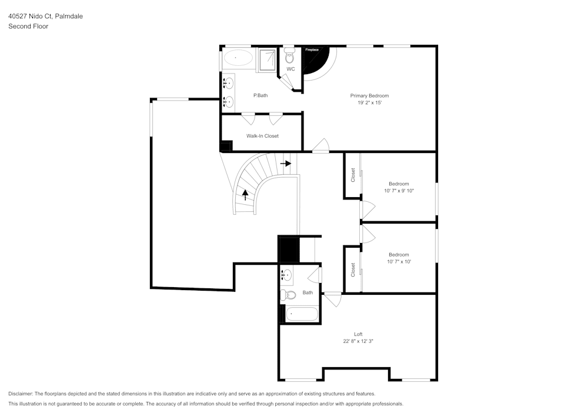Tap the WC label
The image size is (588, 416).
[x=290, y=69]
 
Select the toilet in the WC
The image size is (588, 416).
[x=289, y=57]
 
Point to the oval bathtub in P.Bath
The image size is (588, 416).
[x=237, y=58]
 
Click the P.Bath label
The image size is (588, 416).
[x=260, y=95]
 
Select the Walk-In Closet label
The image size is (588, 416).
[x=262, y=136]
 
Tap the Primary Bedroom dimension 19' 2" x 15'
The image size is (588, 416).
[x=369, y=102]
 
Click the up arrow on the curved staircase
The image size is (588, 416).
[x=245, y=194]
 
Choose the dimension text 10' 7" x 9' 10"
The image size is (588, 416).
[x=399, y=191]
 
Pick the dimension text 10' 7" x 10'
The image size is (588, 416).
[x=399, y=261]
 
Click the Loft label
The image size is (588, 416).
[x=358, y=334]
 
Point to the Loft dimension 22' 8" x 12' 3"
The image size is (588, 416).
[x=358, y=341]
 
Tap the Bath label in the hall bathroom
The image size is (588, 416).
[x=308, y=292]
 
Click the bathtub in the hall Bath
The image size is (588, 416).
[x=302, y=314]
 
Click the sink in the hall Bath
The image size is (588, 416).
[x=286, y=275]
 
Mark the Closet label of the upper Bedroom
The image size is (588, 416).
[x=353, y=175]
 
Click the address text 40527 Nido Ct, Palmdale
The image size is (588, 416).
[x=45, y=16]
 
